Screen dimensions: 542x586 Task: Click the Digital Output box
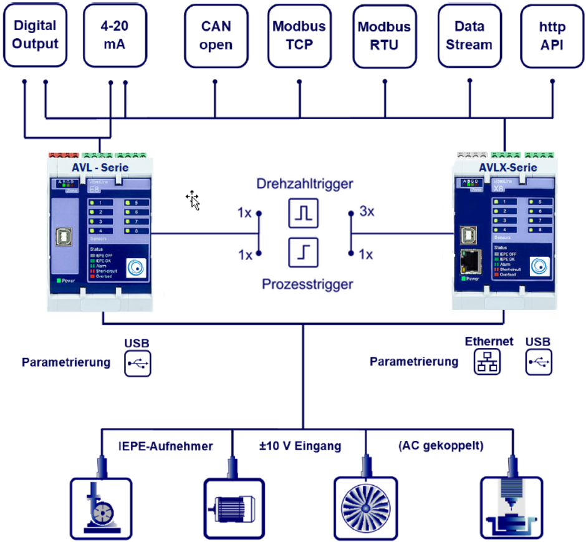pyautogui.click(x=35, y=35)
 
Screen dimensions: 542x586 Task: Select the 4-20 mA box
pyautogui.click(x=115, y=35)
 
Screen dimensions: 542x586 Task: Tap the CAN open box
pyautogui.click(x=216, y=35)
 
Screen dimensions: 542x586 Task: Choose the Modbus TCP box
pyautogui.click(x=299, y=35)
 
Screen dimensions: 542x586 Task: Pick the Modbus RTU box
pyautogui.click(x=384, y=36)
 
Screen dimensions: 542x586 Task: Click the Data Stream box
pyautogui.click(x=469, y=35)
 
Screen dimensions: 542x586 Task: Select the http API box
pyautogui.click(x=551, y=35)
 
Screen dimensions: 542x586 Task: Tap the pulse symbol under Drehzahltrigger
pyautogui.click(x=304, y=213)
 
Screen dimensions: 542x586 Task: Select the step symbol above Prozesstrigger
pyautogui.click(x=304, y=253)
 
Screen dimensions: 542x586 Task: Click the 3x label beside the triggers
pyautogui.click(x=367, y=211)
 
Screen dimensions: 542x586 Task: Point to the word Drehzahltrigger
pyautogui.click(x=304, y=184)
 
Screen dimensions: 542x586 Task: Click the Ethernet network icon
pyautogui.click(x=488, y=362)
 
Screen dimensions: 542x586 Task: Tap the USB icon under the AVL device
pyautogui.click(x=137, y=364)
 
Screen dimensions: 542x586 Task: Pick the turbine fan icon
pyautogui.click(x=365, y=507)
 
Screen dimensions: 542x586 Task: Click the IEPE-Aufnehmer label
pyautogui.click(x=165, y=446)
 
